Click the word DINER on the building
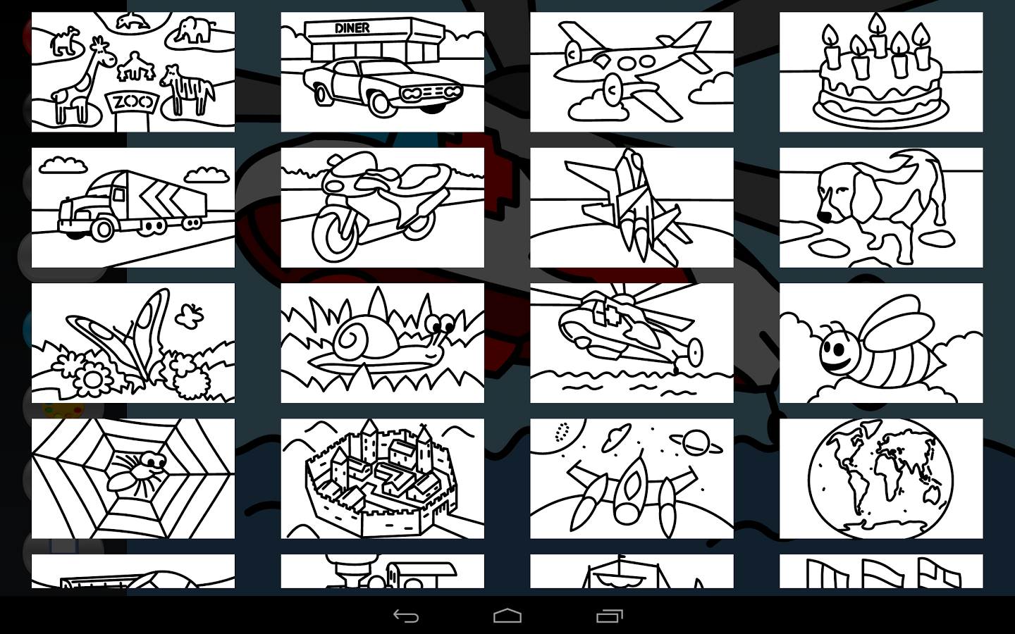pos(352,28)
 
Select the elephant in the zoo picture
pos(194,30)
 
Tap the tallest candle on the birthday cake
pos(878,35)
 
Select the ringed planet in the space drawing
pos(696,442)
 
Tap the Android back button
pos(405,616)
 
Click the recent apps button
pos(610,616)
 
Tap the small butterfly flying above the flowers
pos(190,316)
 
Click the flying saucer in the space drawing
pos(616,435)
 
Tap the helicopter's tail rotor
pos(695,352)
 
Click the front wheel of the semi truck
pos(103,229)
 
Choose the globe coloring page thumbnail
pos(881,478)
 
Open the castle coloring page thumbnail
pos(383,478)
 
